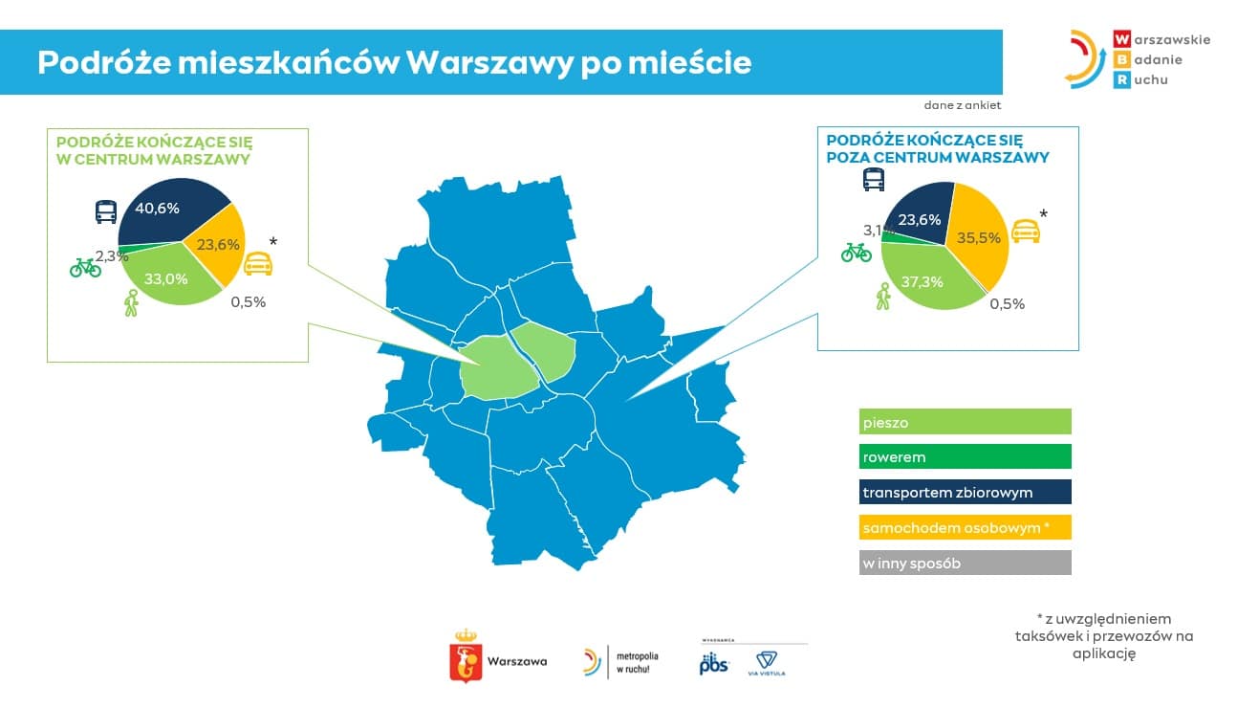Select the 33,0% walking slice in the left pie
pos(168,277)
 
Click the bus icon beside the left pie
pos(106,212)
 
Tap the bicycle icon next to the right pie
pos(856,253)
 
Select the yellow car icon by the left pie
pos(258,264)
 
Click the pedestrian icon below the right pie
pos(883,297)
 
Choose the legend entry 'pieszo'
pos(966,422)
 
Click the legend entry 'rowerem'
pos(966,456)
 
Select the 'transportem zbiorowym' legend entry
pos(966,492)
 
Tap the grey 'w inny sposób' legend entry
pos(966,563)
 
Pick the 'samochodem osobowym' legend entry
pos(966,527)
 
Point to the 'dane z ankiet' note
pos(963,105)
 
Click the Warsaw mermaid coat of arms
pos(466,656)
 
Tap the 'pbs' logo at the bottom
pos(714,663)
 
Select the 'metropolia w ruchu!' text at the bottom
pos(638,662)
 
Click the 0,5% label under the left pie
pos(248,302)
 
